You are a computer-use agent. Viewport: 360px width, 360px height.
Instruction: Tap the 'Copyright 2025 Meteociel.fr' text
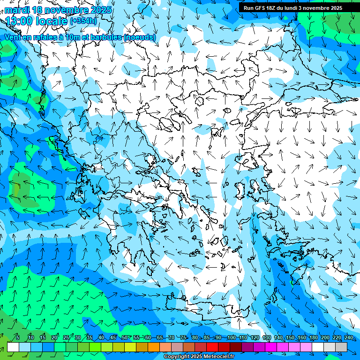click(199, 357)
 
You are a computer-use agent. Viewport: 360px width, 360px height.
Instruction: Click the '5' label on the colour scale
click(18, 337)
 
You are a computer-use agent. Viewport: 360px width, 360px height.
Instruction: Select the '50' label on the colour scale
click(124, 337)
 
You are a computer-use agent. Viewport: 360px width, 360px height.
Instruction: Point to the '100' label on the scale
click(231, 337)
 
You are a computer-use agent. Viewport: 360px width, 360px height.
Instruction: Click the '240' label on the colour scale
click(348, 337)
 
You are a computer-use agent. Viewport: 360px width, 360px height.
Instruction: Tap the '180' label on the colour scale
click(313, 337)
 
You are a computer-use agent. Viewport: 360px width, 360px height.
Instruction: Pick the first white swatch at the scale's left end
click(13, 347)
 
